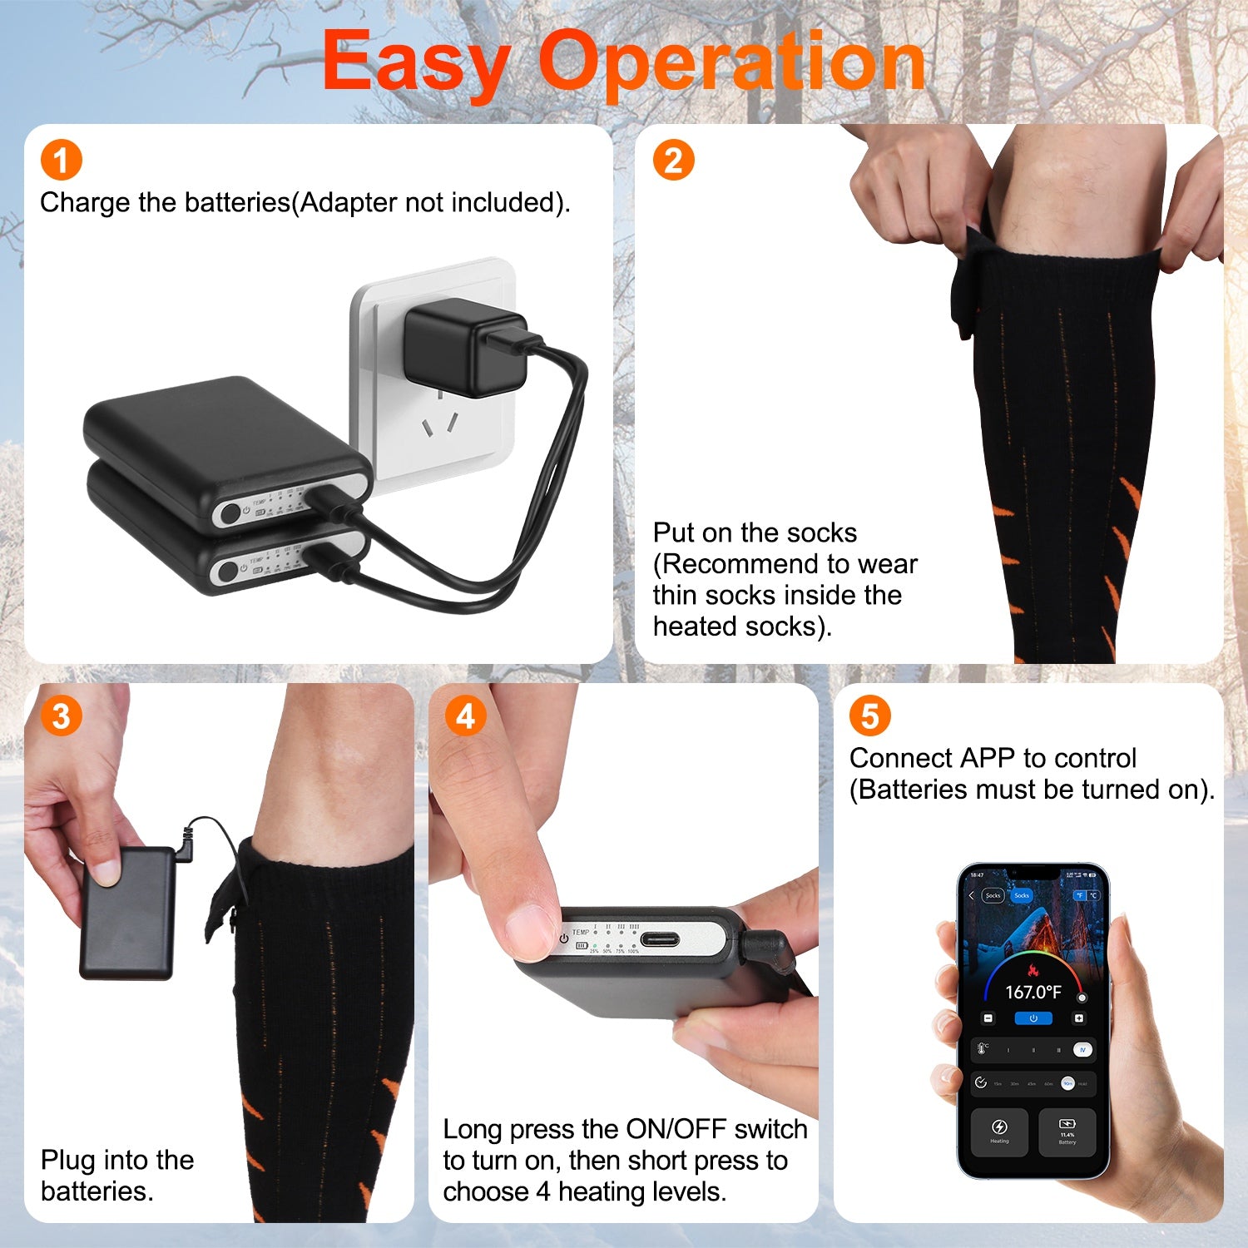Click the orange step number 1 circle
click(x=61, y=160)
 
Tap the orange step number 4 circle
click(x=465, y=716)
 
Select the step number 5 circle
click(x=869, y=716)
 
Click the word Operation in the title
click(x=732, y=62)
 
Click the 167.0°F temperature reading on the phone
click(x=1033, y=992)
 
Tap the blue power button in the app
click(x=1033, y=1018)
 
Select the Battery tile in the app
click(x=1067, y=1131)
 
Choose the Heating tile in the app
click(x=999, y=1131)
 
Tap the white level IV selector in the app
click(x=1082, y=1050)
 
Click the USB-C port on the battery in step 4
click(x=659, y=940)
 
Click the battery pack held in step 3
click(x=126, y=913)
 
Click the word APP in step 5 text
click(x=988, y=758)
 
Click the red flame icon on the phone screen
click(x=1033, y=970)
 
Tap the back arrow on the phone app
click(x=971, y=895)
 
